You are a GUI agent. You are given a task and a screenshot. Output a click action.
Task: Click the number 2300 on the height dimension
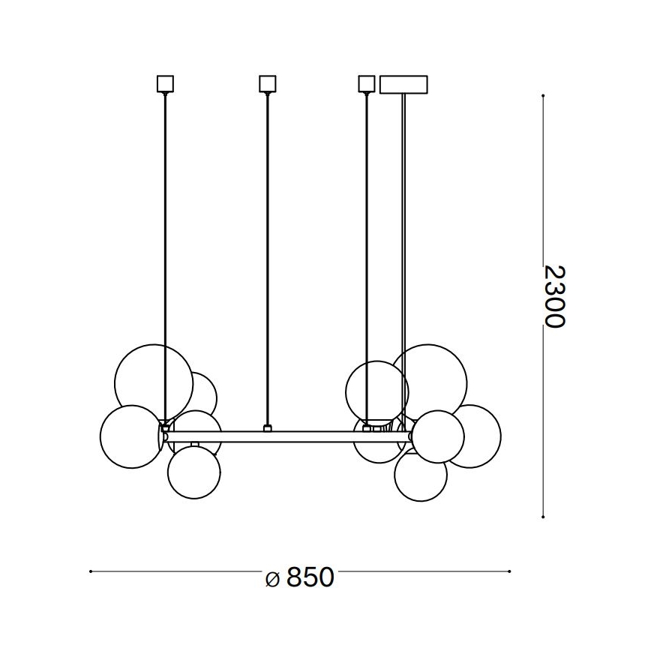(x=553, y=295)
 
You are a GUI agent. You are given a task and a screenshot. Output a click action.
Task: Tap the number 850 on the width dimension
(x=310, y=577)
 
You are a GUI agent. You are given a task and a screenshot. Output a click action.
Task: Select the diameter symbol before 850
(x=274, y=578)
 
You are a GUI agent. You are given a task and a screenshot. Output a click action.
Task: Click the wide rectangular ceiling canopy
(x=403, y=84)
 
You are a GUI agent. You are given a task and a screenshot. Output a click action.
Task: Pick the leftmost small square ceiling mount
(x=165, y=83)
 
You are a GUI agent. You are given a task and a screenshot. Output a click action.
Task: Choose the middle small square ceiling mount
(x=267, y=83)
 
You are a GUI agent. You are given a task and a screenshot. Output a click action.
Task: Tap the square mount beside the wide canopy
(x=366, y=83)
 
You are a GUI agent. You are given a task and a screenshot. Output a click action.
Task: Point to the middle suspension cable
(x=267, y=255)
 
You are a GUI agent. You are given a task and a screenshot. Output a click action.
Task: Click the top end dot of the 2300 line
(x=542, y=95)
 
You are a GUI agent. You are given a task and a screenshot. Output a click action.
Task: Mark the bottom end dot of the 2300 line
(x=542, y=517)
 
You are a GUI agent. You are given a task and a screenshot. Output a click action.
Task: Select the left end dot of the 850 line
(x=90, y=571)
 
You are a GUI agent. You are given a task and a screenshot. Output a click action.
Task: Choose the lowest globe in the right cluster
(x=420, y=477)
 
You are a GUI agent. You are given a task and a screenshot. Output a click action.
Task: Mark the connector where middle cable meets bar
(x=267, y=429)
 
